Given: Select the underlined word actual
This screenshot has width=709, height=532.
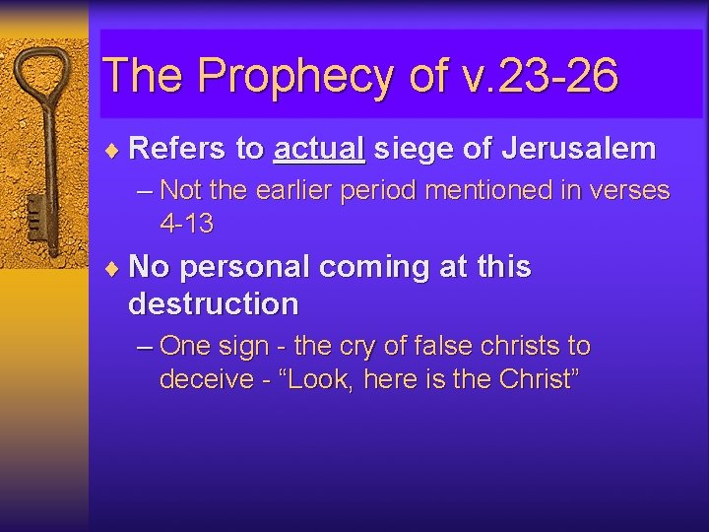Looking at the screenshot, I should pos(320,149).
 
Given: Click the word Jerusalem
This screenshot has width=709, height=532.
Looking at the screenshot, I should pos(578,149).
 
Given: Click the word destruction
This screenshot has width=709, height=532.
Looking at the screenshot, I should pos(213,303).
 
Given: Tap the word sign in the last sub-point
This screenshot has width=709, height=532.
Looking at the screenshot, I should pos(243,346).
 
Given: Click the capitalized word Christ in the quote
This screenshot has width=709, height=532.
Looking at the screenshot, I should pos(532,379).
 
